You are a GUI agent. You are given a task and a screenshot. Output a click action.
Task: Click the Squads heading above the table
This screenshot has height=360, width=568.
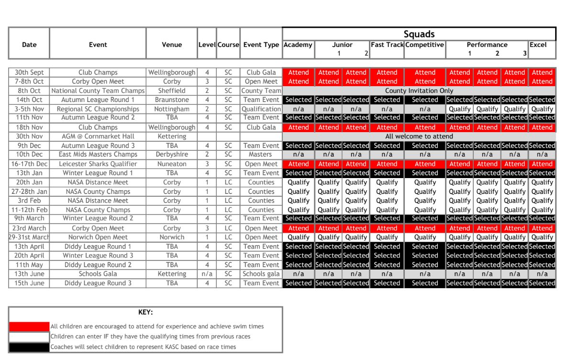click(x=419, y=34)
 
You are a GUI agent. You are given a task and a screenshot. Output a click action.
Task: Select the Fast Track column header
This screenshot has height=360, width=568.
click(x=387, y=45)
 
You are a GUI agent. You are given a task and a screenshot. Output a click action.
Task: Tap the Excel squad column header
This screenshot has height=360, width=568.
click(x=538, y=45)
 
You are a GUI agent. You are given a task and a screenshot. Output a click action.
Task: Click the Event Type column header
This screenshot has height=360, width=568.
click(x=261, y=45)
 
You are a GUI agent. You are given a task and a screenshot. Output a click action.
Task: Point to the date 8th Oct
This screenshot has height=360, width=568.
click(x=29, y=90)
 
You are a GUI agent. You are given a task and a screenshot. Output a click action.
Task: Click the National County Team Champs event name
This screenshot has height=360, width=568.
click(x=98, y=90)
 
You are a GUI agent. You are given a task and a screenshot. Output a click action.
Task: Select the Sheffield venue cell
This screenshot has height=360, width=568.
click(x=172, y=90)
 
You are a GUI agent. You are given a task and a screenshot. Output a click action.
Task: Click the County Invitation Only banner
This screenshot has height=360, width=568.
click(x=419, y=90)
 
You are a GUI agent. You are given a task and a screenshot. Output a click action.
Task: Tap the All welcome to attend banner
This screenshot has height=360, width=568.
click(x=419, y=136)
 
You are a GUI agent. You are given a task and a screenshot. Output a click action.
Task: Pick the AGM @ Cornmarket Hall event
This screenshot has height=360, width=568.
click(x=98, y=136)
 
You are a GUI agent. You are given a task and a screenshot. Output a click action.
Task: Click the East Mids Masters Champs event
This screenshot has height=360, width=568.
click(x=98, y=155)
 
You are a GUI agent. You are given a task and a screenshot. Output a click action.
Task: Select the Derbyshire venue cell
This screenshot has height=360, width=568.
click(x=172, y=155)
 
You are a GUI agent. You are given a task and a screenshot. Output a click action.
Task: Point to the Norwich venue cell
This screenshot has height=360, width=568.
click(x=172, y=237)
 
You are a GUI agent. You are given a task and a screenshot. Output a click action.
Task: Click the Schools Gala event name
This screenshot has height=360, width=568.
click(x=98, y=274)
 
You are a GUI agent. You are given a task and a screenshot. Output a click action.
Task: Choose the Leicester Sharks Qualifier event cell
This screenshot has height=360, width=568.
click(x=98, y=164)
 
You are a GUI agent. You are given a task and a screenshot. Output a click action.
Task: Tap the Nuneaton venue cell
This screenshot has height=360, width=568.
click(x=172, y=164)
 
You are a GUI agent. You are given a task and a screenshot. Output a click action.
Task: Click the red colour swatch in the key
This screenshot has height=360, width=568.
click(x=29, y=326)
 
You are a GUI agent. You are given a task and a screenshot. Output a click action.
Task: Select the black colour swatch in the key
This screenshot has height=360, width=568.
click(x=29, y=347)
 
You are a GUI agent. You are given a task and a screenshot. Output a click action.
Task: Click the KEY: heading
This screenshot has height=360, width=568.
click(x=145, y=312)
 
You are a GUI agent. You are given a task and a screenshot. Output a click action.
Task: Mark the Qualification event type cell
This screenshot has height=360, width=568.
click(x=261, y=109)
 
